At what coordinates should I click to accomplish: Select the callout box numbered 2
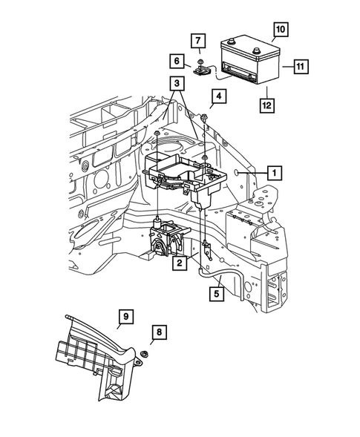tap(179, 263)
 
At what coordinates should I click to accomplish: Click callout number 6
tap(178, 60)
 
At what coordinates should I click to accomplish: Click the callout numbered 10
tap(281, 30)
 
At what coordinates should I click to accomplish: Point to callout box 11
tap(301, 66)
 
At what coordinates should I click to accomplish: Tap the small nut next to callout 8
tap(145, 355)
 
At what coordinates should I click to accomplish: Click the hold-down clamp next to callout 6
tap(201, 72)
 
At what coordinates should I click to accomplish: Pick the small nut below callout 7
tap(200, 61)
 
